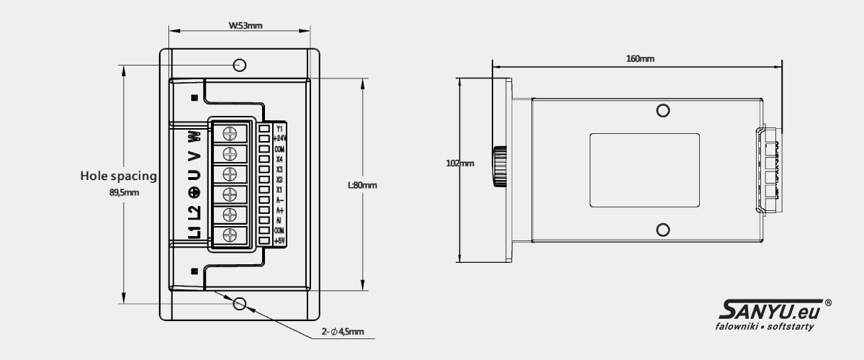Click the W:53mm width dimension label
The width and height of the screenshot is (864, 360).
[246, 25]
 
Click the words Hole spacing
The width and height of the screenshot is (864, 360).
[119, 175]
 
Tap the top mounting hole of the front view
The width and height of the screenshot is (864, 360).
[240, 66]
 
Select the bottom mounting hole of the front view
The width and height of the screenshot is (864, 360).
[240, 303]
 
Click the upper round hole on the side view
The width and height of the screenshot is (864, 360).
[663, 110]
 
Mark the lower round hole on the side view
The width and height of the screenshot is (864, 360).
[663, 230]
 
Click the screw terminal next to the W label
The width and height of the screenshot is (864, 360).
[230, 134]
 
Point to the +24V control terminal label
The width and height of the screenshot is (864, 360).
[280, 138]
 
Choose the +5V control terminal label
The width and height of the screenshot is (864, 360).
[280, 240]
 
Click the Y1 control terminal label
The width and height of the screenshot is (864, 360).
[279, 128]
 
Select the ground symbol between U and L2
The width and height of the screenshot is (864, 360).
[193, 192]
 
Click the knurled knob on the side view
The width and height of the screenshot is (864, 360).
[499, 167]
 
